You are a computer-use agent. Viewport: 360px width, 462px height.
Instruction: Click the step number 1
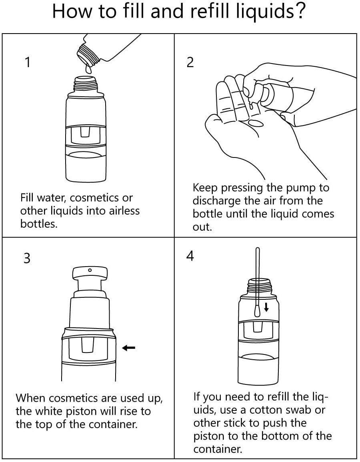[x=28, y=62]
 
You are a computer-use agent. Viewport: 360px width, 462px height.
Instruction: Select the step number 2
[x=190, y=62]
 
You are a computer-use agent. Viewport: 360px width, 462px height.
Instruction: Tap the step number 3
[x=27, y=258]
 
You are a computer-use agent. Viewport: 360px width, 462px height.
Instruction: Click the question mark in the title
[x=299, y=11]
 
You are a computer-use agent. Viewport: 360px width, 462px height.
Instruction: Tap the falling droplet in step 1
[x=88, y=69]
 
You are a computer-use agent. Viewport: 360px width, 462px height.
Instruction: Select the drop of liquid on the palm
[x=255, y=123]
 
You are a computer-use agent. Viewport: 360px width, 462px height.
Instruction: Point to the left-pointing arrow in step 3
[x=129, y=348]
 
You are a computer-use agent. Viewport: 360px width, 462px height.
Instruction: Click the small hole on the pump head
[x=90, y=270]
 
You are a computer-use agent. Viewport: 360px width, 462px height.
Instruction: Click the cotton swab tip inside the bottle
[x=257, y=311]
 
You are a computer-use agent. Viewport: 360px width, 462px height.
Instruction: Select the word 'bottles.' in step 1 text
[x=39, y=224]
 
